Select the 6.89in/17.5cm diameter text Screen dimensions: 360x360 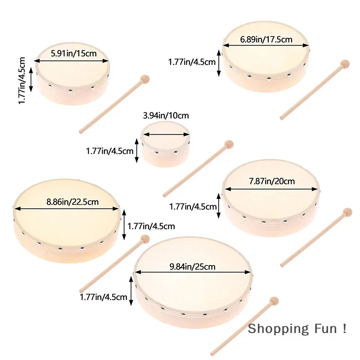(266, 39)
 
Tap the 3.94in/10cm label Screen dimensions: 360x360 (166, 116)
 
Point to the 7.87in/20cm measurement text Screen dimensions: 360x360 (272, 181)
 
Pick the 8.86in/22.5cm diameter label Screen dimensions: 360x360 (72, 202)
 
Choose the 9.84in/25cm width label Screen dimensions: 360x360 (192, 267)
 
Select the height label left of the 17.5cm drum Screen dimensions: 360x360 (192, 62)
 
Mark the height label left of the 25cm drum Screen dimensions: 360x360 (103, 297)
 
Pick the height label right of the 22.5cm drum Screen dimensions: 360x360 (151, 226)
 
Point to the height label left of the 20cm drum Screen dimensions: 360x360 (193, 207)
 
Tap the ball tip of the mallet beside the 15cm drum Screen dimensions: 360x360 (145, 79)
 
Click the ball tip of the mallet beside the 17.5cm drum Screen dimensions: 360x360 (345, 63)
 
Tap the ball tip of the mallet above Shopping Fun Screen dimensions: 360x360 (274, 301)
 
